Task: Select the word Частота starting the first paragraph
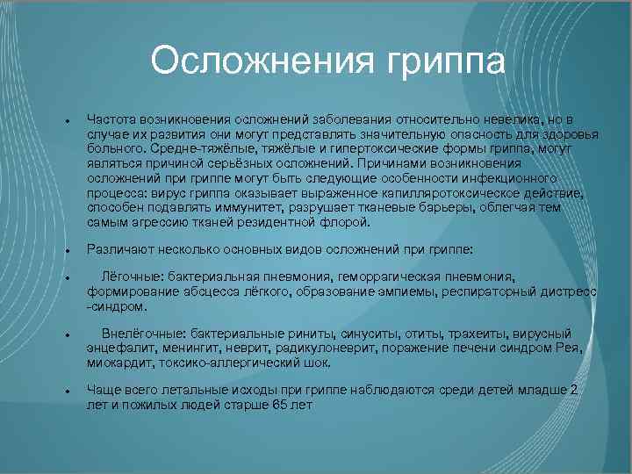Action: (x=109, y=118)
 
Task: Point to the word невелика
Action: (x=498, y=118)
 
